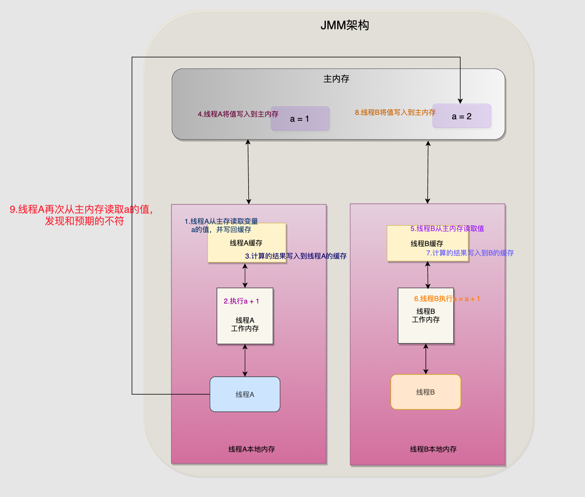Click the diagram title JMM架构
coord(345,25)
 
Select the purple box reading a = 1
coord(300,119)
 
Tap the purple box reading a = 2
coord(462,116)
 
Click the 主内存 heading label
coord(336,79)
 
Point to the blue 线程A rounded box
coord(245,394)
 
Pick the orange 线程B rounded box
coord(426,392)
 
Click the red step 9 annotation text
coord(81,215)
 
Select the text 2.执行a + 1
coord(241,301)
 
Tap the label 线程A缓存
coord(246,243)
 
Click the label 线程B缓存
coord(427,244)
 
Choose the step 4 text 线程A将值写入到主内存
coord(238,114)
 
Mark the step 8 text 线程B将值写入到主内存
coord(395,112)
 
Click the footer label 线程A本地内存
coord(252,449)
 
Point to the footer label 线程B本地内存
coord(433,449)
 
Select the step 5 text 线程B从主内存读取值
coord(447,229)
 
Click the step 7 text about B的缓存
coord(470,253)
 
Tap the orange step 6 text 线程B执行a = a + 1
coord(447,299)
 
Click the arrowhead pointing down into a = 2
coord(460,101)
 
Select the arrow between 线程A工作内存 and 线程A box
coord(245,360)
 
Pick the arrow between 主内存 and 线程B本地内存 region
coord(428,172)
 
